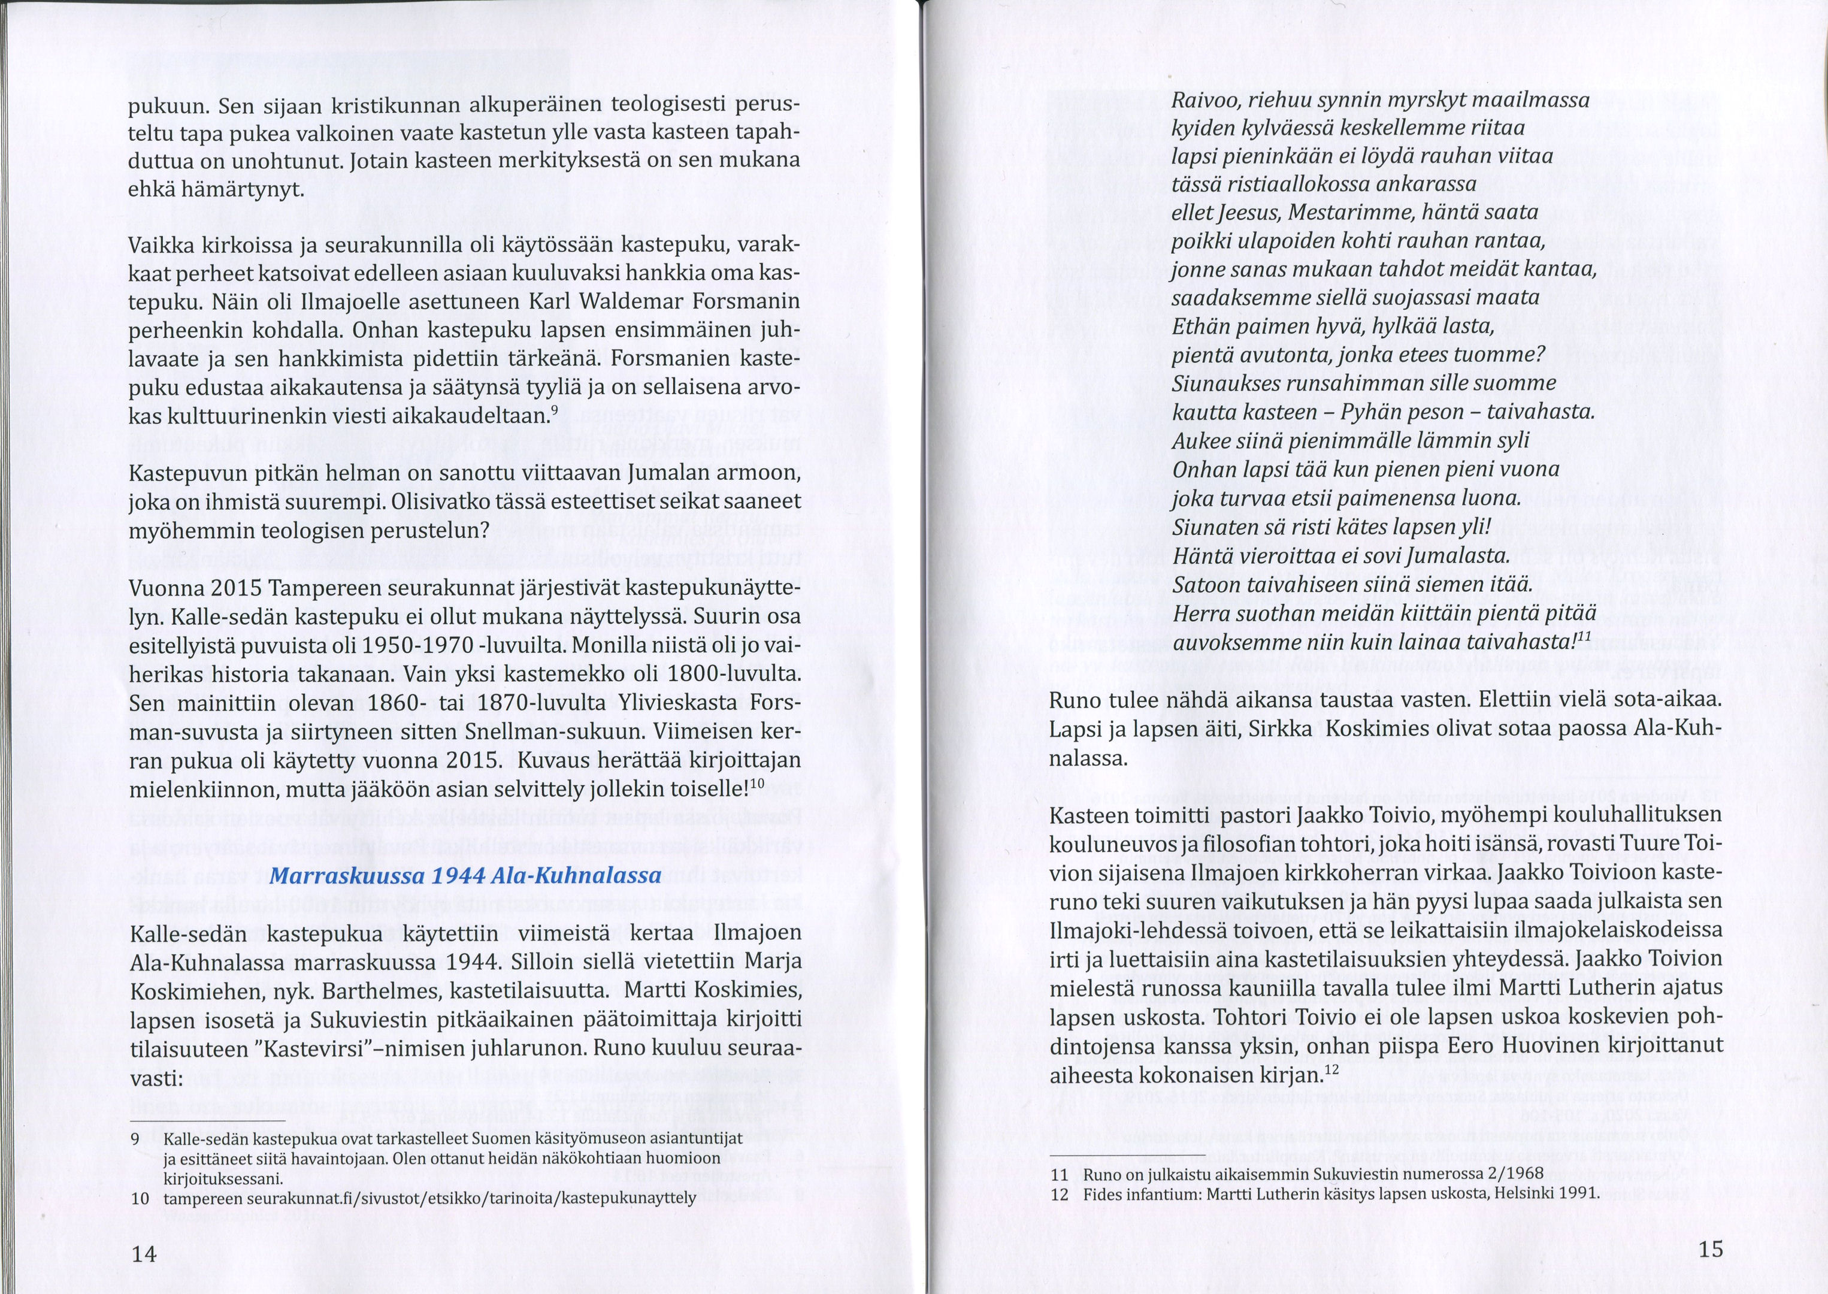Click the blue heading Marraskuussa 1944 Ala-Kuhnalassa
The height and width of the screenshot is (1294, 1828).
click(466, 876)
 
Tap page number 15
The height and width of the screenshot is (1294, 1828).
click(1710, 1248)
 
